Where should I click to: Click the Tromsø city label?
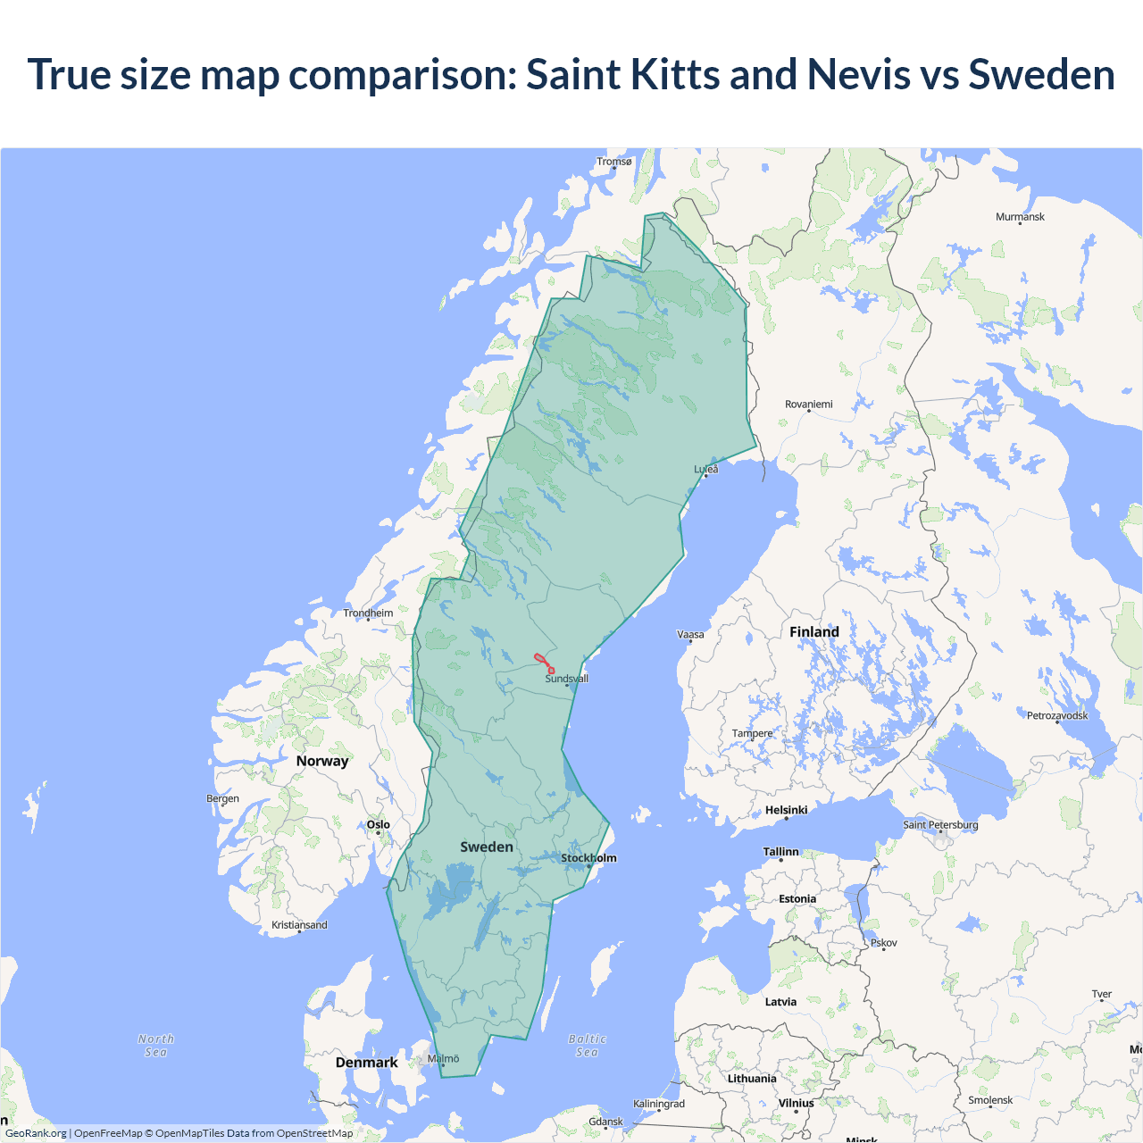614,162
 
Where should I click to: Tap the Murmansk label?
1020,217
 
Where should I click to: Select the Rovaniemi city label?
808,405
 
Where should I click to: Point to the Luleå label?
706,469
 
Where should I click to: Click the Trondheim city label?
368,613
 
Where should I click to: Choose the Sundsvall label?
566,679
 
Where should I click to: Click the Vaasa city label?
690,635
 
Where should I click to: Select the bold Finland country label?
813,632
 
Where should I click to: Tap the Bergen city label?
222,798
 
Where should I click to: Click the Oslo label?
378,824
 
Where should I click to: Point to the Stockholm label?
588,858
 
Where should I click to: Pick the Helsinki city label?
786,810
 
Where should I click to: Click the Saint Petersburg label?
940,824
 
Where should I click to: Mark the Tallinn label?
780,852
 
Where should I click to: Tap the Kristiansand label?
299,925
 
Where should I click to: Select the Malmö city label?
443,1058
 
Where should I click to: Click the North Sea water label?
156,1046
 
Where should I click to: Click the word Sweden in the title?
1041,74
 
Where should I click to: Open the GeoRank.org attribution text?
36,1133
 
